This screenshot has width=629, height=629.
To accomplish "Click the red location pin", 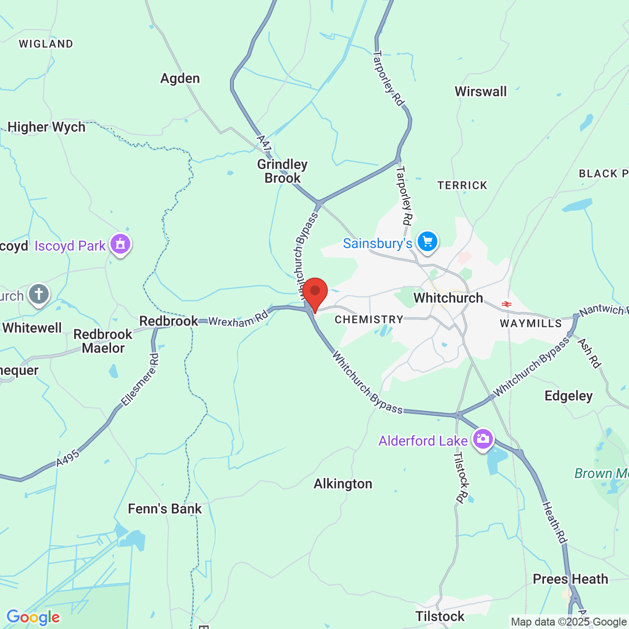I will pyautogui.click(x=315, y=292).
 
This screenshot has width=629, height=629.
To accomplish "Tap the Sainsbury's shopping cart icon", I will pyautogui.click(x=427, y=241).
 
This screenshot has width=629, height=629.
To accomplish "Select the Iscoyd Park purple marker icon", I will pyautogui.click(x=120, y=244).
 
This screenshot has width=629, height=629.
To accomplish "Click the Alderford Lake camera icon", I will pyautogui.click(x=483, y=438).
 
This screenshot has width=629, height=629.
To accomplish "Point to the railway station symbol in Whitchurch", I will pyautogui.click(x=507, y=304).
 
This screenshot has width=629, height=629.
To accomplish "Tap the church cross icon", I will pyautogui.click(x=39, y=294).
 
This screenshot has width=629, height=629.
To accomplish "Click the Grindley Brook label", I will pyautogui.click(x=282, y=171).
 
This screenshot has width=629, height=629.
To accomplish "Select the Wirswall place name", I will pyautogui.click(x=481, y=92).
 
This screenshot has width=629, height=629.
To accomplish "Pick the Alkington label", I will pyautogui.click(x=343, y=484).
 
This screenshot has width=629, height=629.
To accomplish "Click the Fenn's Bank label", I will pyautogui.click(x=165, y=509).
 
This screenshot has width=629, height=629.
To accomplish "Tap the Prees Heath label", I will pyautogui.click(x=571, y=579).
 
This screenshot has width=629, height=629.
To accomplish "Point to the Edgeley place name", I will pyautogui.click(x=569, y=396).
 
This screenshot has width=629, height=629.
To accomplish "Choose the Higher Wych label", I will pyautogui.click(x=47, y=127).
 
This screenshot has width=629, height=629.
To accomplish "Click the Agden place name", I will pyautogui.click(x=180, y=79).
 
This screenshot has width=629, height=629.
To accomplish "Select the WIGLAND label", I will pyautogui.click(x=46, y=44).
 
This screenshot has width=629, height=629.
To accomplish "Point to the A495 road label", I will pyautogui.click(x=67, y=458).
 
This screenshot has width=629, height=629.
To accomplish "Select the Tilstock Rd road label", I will pyautogui.click(x=461, y=478).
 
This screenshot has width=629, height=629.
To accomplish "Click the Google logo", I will pyautogui.click(x=33, y=617).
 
